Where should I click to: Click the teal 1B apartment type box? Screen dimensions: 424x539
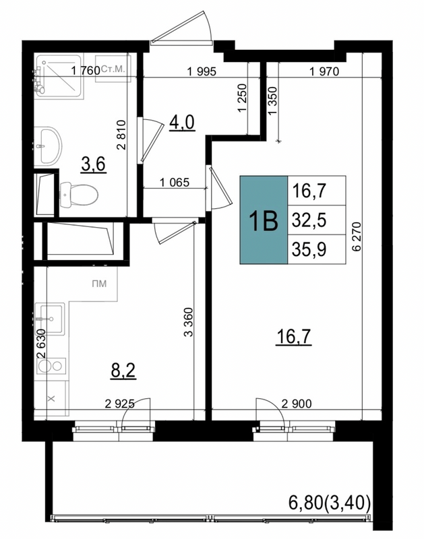264,220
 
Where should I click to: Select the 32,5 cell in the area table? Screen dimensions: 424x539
317,220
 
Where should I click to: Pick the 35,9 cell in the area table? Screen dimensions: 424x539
317,249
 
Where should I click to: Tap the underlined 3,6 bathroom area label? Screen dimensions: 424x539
93,164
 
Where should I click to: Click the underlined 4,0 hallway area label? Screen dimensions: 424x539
182,123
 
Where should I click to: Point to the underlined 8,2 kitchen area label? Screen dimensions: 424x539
123,371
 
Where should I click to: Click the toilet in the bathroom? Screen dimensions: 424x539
79,195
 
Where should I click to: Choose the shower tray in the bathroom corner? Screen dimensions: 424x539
59,75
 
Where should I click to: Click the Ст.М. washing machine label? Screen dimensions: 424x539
113,69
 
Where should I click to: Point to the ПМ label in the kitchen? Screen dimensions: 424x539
99,284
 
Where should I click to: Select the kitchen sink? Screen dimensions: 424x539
49,319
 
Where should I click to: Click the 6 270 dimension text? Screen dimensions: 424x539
357,237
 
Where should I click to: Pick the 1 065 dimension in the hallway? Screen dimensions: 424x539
175,182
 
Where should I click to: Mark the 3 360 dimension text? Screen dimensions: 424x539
189,322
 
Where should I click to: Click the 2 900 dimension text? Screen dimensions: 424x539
297,403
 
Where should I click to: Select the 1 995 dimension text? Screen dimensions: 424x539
202,71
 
